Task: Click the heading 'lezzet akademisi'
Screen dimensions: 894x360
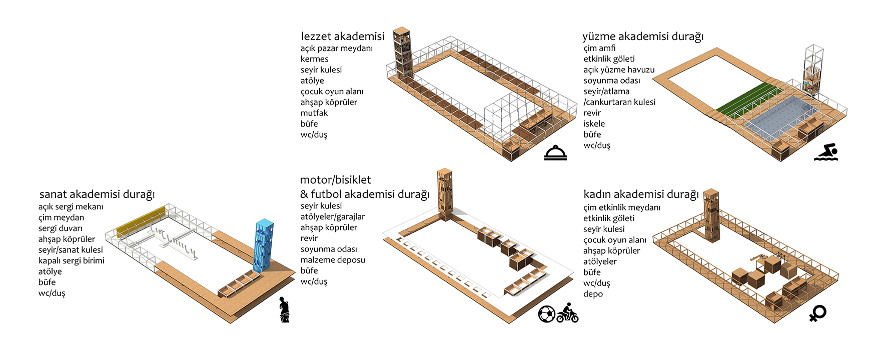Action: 343,36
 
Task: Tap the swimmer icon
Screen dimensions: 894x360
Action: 826,152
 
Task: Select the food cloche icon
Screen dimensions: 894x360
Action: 556,153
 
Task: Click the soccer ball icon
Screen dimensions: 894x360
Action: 547,314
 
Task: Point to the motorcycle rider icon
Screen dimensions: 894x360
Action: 568,313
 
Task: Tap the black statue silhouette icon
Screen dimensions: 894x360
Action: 284,309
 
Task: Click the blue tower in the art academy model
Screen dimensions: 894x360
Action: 263,245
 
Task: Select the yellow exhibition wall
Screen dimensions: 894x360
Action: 141,221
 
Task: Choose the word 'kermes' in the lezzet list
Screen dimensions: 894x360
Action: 315,59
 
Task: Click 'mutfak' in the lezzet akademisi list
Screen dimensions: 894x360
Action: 314,113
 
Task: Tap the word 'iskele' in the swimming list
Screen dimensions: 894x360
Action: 594,123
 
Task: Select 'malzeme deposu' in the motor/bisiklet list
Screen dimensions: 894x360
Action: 333,260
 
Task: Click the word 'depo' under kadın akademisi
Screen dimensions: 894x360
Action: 593,294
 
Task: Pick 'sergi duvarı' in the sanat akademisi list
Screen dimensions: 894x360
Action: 61,228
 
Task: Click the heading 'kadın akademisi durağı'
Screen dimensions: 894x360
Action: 641,194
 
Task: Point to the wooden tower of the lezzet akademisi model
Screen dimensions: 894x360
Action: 402,52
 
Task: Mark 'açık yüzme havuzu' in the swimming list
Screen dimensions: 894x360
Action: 619,70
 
